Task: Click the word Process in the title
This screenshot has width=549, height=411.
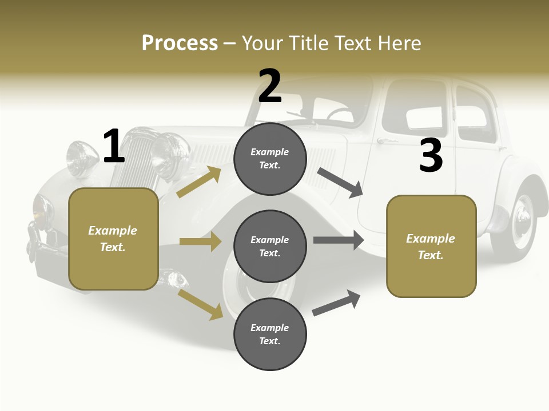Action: pos(180,43)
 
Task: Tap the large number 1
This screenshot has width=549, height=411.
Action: pos(114,146)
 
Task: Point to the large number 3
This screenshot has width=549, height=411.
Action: pos(431,156)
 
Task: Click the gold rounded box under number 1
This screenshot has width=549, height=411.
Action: pos(113,239)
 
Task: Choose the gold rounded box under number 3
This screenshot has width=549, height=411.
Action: pos(431,247)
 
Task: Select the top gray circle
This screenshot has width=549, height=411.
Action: pos(270,159)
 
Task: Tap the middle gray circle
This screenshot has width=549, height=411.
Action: pos(270,247)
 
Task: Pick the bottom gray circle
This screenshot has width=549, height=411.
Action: pos(270,334)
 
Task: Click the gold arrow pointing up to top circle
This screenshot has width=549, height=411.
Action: pos(198,182)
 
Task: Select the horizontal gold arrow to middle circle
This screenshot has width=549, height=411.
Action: pos(200,241)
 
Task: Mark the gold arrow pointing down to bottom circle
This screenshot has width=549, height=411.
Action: pos(200,304)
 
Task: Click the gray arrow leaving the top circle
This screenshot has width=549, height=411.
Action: pos(340,182)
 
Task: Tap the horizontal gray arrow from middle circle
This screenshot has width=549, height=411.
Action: pos(338,240)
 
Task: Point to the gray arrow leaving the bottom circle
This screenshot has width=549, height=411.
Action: pos(337,303)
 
